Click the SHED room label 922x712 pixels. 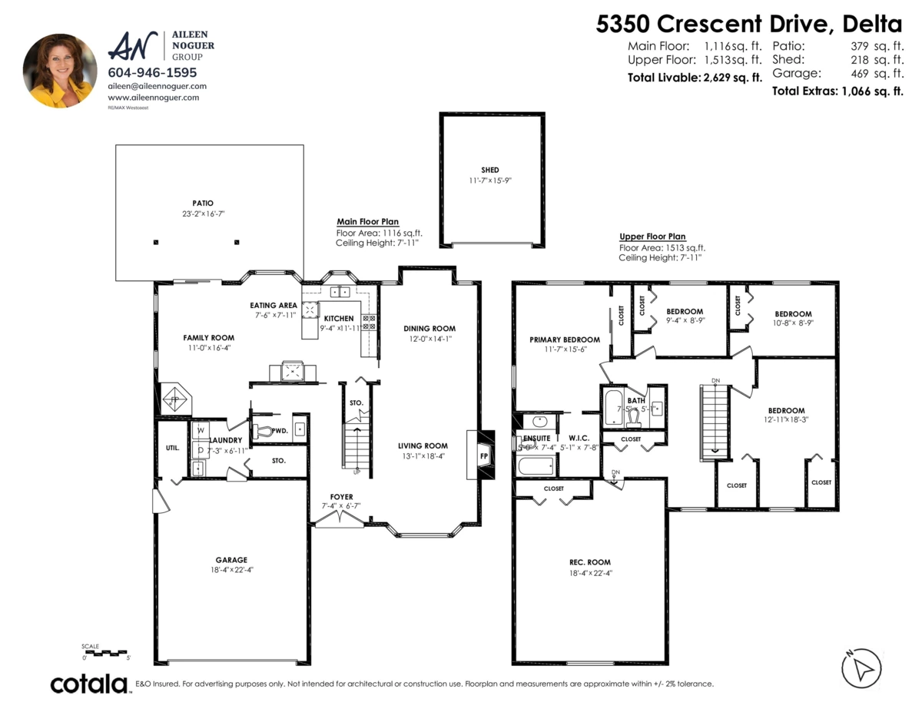coord(489,170)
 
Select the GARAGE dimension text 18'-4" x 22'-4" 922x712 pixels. coord(231,570)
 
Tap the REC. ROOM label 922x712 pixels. coord(589,561)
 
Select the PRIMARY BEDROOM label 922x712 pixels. coord(565,339)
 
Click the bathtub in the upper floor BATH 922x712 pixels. coord(612,408)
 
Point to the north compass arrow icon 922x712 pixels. coord(861,667)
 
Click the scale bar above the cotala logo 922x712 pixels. coord(105,652)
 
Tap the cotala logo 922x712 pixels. coord(89,683)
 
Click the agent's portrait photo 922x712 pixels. coord(60,70)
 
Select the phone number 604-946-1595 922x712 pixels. coord(152,73)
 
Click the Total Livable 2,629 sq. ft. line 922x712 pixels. coord(695,77)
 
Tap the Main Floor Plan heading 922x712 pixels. coord(367,221)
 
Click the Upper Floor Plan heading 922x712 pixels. coord(652,237)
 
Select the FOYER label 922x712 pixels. coord(341,496)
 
